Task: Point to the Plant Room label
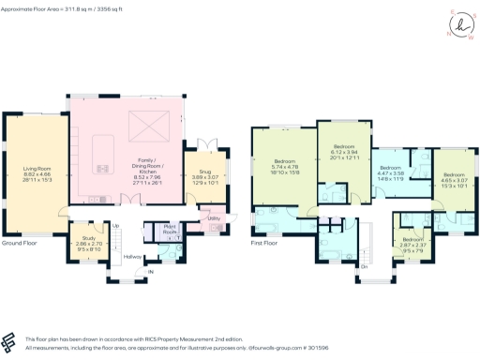tap(171, 230)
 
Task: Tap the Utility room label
tap(214, 219)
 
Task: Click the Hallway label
tap(132, 256)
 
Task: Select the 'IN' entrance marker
tap(150, 274)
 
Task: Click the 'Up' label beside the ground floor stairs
tap(116, 226)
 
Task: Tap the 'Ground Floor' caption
tap(19, 243)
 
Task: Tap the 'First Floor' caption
tap(263, 243)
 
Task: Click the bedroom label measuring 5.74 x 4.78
tap(285, 167)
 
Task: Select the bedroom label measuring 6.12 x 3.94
tap(345, 153)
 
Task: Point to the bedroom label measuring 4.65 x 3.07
tap(453, 179)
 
